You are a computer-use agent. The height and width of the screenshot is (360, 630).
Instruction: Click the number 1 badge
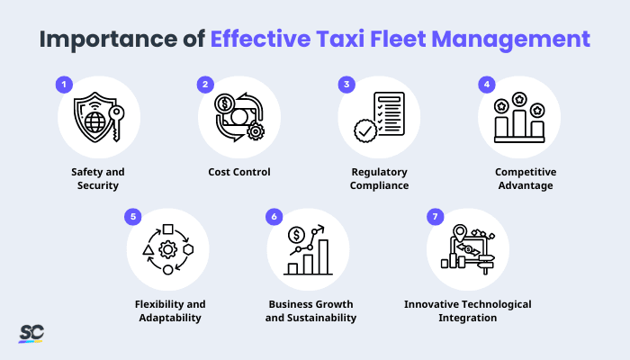[x=63, y=85]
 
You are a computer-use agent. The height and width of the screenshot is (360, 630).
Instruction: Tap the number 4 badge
[x=486, y=85]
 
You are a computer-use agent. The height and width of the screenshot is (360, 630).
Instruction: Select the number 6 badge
[x=274, y=217]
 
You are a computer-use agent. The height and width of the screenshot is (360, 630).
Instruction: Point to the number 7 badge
[x=435, y=217]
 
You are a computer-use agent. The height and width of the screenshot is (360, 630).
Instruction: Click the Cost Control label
[x=238, y=171]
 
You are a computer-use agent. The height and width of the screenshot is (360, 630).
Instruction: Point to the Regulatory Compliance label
[x=379, y=178]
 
